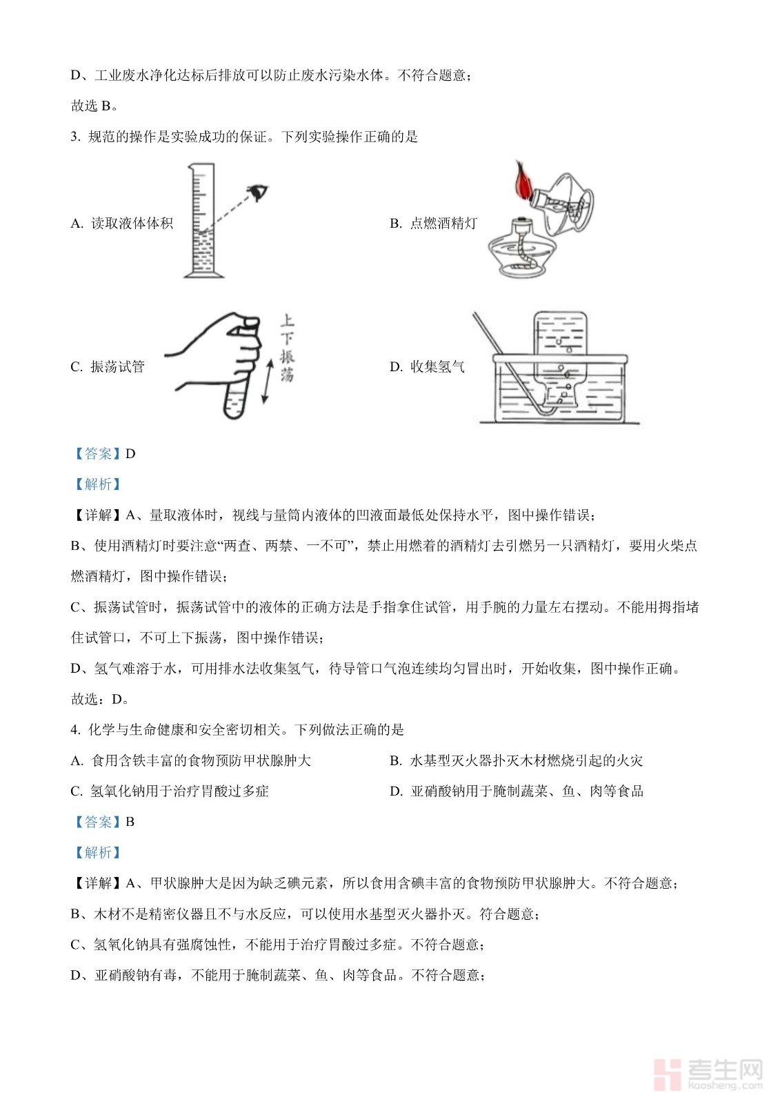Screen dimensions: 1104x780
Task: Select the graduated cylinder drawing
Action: click(203, 221)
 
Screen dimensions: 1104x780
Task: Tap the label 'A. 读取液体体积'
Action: click(122, 224)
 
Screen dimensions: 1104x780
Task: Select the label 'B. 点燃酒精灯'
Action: click(433, 224)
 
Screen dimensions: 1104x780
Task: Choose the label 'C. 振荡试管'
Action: click(108, 367)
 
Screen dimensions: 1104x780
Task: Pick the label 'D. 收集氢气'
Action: click(427, 367)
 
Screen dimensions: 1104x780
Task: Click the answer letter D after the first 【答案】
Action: click(130, 454)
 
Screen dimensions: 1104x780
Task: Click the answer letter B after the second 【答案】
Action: click(130, 822)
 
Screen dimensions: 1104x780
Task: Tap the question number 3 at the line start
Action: click(74, 137)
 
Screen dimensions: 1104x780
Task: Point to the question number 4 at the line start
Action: click(74, 730)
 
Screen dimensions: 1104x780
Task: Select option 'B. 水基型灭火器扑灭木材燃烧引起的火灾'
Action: click(516, 761)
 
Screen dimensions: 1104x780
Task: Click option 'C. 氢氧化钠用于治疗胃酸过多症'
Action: click(170, 791)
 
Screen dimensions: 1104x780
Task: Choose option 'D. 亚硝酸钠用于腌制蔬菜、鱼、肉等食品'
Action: click(517, 791)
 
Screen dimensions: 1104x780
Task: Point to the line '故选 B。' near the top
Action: click(94, 106)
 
